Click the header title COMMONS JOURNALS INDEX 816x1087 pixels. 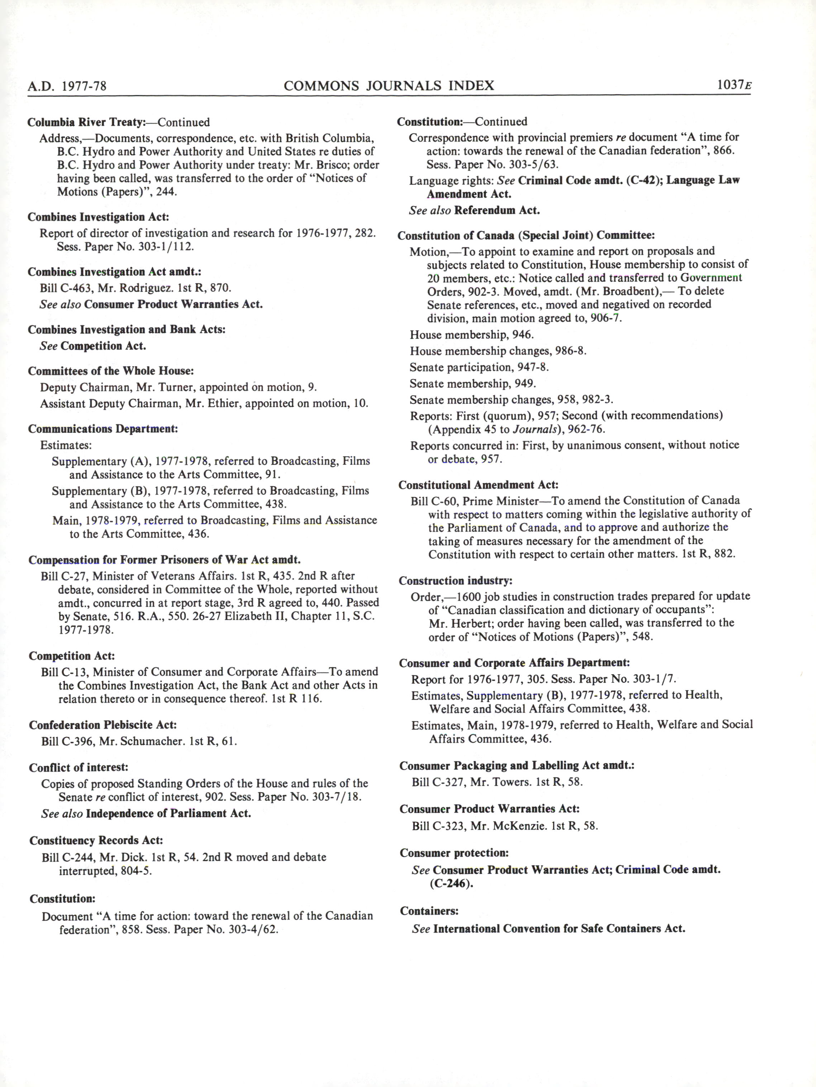388,86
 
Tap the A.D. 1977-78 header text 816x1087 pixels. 67,87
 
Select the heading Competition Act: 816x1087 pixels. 72,656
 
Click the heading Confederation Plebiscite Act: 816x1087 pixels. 103,725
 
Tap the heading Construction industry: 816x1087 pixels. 455,581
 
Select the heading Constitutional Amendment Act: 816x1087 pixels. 478,485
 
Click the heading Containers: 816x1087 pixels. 429,911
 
